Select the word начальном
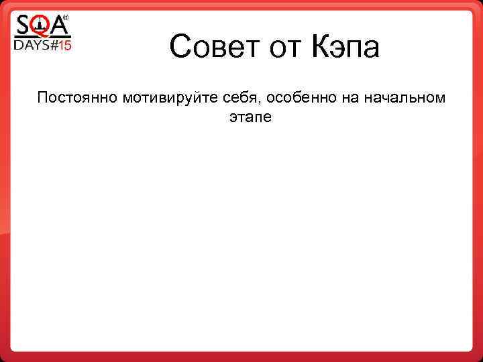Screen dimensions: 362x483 tap(405, 98)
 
